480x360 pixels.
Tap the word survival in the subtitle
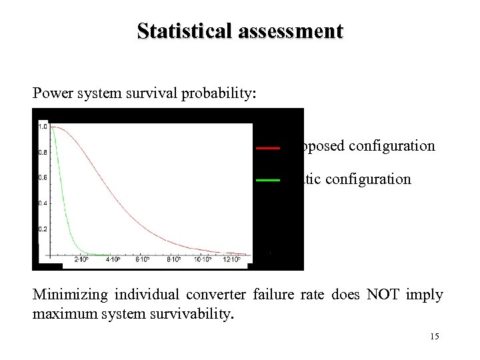pos(161,93)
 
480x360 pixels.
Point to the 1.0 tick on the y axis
pos(43,127)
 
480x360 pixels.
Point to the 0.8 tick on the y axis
pos(43,153)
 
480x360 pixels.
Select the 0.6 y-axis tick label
pos(43,178)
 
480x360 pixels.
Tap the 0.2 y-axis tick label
pos(43,229)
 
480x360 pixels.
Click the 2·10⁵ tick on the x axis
pos(81,260)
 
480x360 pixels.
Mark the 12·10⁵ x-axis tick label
pos(231,260)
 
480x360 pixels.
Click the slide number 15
pos(435,337)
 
